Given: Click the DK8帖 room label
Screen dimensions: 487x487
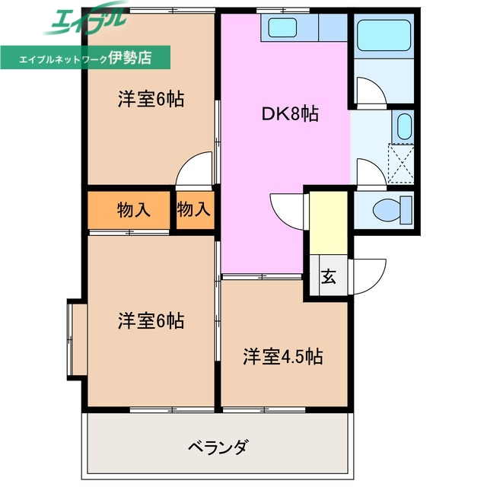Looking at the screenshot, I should pos(290,114).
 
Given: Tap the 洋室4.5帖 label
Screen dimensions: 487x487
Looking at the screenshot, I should pos(282,356).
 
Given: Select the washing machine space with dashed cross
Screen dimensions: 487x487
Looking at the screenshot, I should pos(401,161).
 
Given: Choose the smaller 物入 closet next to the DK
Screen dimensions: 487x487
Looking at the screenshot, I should pos(193,210).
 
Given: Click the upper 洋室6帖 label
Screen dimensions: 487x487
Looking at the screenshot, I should pos(151,99).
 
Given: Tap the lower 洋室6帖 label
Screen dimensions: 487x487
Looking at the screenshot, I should pos(151,320).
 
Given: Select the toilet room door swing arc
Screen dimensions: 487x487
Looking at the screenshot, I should pos(369,173).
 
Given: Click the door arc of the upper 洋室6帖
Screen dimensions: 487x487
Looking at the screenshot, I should pos(195,169).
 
